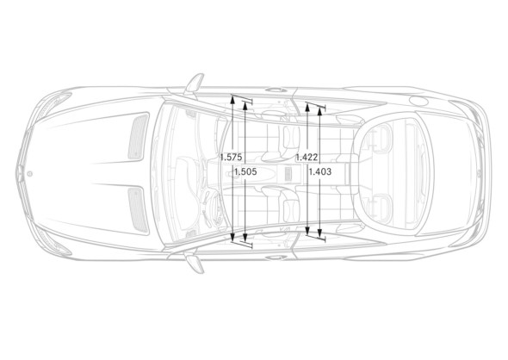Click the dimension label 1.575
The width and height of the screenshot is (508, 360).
tap(231, 157)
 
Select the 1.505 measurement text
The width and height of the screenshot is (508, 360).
tap(245, 171)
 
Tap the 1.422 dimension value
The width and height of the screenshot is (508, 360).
tap(307, 157)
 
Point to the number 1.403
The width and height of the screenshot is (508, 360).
tap(319, 171)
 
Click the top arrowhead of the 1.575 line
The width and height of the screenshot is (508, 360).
tap(232, 98)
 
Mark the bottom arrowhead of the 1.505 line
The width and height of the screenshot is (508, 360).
tap(245, 238)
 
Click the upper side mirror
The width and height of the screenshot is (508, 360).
tap(194, 84)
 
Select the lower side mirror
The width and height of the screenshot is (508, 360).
tap(195, 263)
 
